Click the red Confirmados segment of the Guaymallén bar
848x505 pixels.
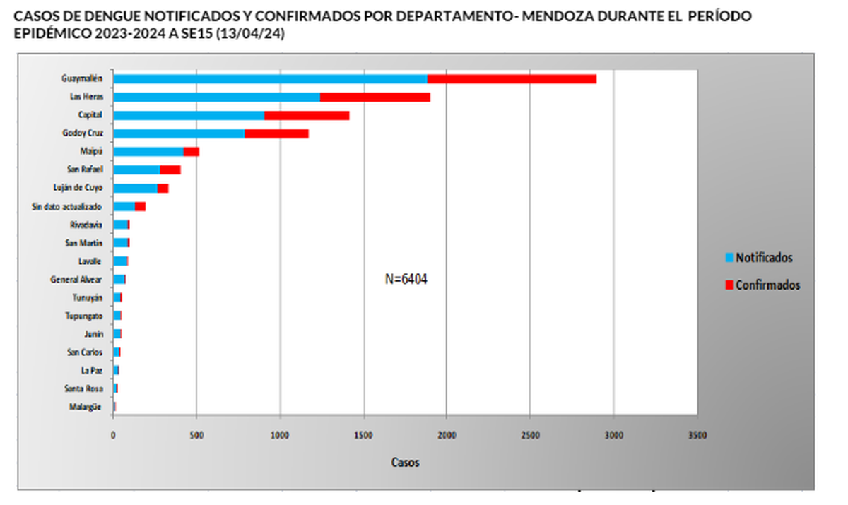(512, 78)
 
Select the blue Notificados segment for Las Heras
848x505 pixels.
(216, 97)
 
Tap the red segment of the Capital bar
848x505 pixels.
(307, 115)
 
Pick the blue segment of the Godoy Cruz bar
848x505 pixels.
(179, 133)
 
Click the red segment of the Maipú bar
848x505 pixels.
(191, 151)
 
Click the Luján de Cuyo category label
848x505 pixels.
(78, 188)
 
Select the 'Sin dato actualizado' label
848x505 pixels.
(67, 207)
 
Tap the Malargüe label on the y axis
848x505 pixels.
(86, 407)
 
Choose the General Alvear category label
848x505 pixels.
(76, 279)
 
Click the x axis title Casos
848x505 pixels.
(405, 462)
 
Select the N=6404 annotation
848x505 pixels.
(406, 279)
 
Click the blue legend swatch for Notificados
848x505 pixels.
(729, 258)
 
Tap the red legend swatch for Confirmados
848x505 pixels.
(729, 285)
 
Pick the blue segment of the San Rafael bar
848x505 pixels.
(136, 170)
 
